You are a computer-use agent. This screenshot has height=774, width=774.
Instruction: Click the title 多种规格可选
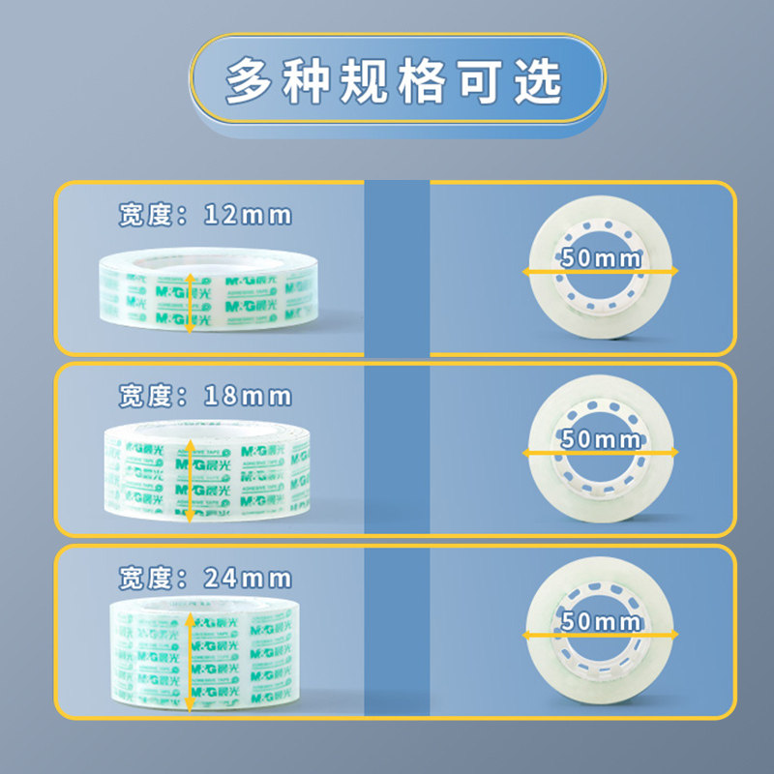click(x=395, y=81)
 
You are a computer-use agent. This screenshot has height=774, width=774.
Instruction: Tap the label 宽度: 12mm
click(x=204, y=215)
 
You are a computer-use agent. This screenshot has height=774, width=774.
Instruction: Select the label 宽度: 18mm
click(x=204, y=396)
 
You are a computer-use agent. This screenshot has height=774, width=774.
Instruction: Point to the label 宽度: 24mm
click(x=204, y=579)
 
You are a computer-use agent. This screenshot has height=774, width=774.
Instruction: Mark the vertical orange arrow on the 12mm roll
click(x=190, y=300)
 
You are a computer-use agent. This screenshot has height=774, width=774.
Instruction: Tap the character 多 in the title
click(x=253, y=81)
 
